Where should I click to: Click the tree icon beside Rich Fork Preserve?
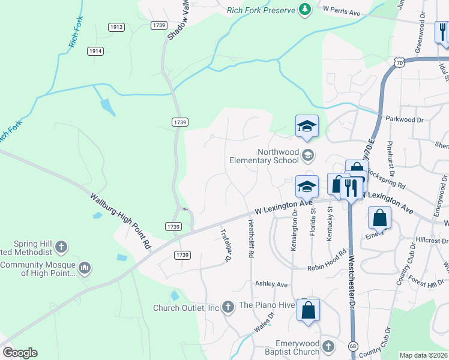(x=306, y=9)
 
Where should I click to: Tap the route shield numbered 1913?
(x=116, y=27)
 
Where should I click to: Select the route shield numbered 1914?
(x=95, y=51)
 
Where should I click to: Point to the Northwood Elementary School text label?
(x=264, y=156)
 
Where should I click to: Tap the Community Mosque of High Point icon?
(x=85, y=267)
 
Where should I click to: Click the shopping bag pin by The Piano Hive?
(x=308, y=311)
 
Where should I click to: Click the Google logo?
(x=20, y=353)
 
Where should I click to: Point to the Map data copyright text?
(x=424, y=355)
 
